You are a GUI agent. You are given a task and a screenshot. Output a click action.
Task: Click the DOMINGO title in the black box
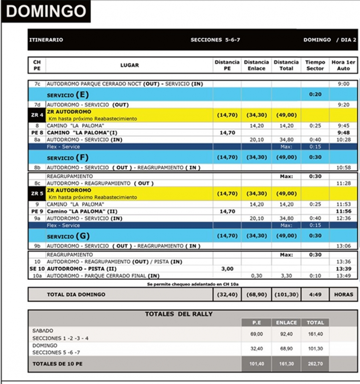46,11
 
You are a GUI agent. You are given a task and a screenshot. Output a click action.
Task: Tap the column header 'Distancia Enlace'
256,65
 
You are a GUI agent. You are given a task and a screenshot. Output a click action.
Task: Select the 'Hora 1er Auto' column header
343,65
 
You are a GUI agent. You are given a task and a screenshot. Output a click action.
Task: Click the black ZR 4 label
37,115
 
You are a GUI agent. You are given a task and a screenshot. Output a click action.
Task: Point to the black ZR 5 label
37,194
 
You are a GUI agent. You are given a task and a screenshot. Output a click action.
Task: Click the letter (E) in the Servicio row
82,94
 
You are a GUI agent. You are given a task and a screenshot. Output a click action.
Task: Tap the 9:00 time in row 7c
343,84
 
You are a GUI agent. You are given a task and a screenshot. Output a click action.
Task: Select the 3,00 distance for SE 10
227,269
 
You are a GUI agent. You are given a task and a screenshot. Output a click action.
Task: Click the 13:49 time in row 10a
343,276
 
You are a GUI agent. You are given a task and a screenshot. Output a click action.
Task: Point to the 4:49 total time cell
315,295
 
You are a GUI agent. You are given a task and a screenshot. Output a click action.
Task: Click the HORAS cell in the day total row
343,295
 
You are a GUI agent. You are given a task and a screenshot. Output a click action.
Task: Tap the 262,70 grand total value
315,364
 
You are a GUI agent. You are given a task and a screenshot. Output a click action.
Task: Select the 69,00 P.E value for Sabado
256,334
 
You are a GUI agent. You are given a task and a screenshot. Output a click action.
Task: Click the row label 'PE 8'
37,133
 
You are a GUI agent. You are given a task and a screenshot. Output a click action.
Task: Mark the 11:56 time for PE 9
343,212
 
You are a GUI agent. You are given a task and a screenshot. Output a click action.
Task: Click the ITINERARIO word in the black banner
46,40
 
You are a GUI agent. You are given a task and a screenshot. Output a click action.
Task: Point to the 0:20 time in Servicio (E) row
315,95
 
